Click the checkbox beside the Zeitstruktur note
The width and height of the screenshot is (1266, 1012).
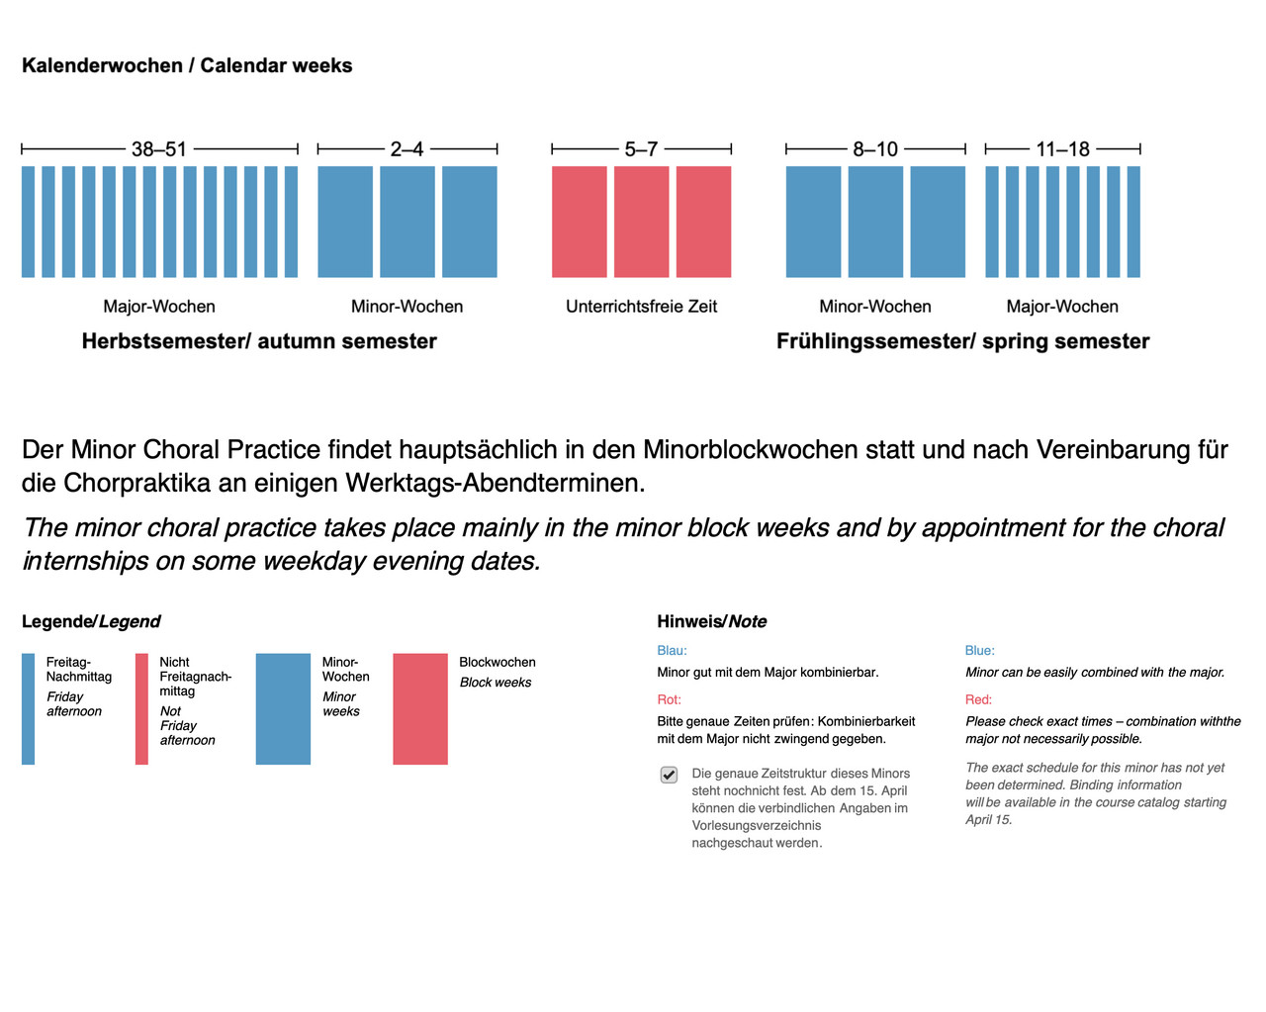[670, 775]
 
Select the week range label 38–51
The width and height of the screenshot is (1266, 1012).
[159, 149]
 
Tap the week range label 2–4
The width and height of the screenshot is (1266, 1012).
[407, 149]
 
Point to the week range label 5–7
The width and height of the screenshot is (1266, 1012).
[641, 149]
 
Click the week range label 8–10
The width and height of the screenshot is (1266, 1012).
[875, 149]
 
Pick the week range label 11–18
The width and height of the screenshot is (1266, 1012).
[1062, 149]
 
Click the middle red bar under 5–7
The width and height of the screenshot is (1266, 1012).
[641, 222]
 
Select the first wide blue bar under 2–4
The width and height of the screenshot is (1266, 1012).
[345, 222]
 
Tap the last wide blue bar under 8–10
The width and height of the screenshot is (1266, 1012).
[938, 222]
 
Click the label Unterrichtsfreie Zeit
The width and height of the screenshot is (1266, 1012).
[641, 307]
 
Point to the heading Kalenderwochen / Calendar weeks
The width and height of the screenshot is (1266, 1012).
[187, 66]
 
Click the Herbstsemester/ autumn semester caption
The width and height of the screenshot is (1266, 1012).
[259, 341]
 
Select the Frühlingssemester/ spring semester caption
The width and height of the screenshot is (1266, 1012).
[962, 341]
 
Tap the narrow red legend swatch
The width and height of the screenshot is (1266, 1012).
[141, 708]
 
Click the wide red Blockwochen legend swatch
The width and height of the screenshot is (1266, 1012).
[420, 708]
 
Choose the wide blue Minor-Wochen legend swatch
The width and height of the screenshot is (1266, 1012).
[283, 708]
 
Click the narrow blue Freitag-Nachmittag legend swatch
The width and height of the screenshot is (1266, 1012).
[29, 708]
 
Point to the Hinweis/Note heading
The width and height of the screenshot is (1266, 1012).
[712, 621]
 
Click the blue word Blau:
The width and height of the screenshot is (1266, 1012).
[672, 651]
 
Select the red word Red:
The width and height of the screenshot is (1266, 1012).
[978, 699]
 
